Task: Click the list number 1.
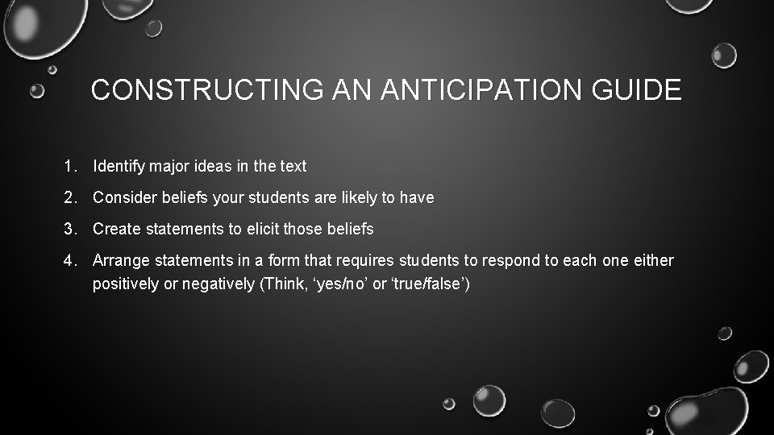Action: click(70, 167)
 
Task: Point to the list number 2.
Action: click(70, 197)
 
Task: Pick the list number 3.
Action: click(70, 230)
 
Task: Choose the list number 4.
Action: click(70, 261)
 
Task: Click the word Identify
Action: click(118, 167)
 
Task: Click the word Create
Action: click(114, 230)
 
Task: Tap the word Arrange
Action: click(120, 261)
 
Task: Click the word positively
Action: click(126, 284)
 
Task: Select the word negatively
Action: click(220, 284)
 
